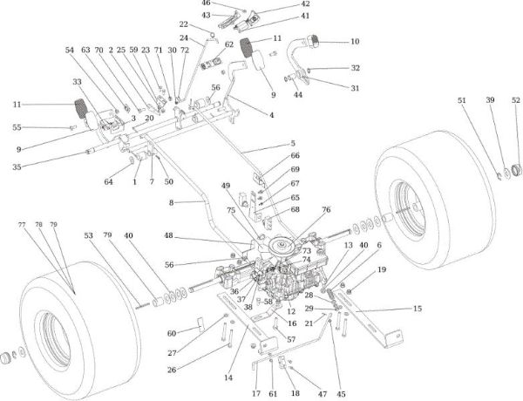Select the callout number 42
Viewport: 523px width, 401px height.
click(305, 4)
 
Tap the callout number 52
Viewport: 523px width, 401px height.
click(516, 101)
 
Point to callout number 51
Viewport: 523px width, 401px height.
click(463, 101)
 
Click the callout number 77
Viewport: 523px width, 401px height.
click(22, 225)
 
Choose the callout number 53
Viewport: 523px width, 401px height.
click(88, 235)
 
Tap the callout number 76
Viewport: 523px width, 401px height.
click(326, 209)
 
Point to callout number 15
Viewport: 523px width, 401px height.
click(417, 309)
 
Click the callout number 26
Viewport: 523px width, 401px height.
click(171, 370)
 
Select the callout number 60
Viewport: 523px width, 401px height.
click(171, 334)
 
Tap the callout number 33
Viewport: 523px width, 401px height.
click(77, 81)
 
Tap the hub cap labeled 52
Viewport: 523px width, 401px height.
click(514, 167)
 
